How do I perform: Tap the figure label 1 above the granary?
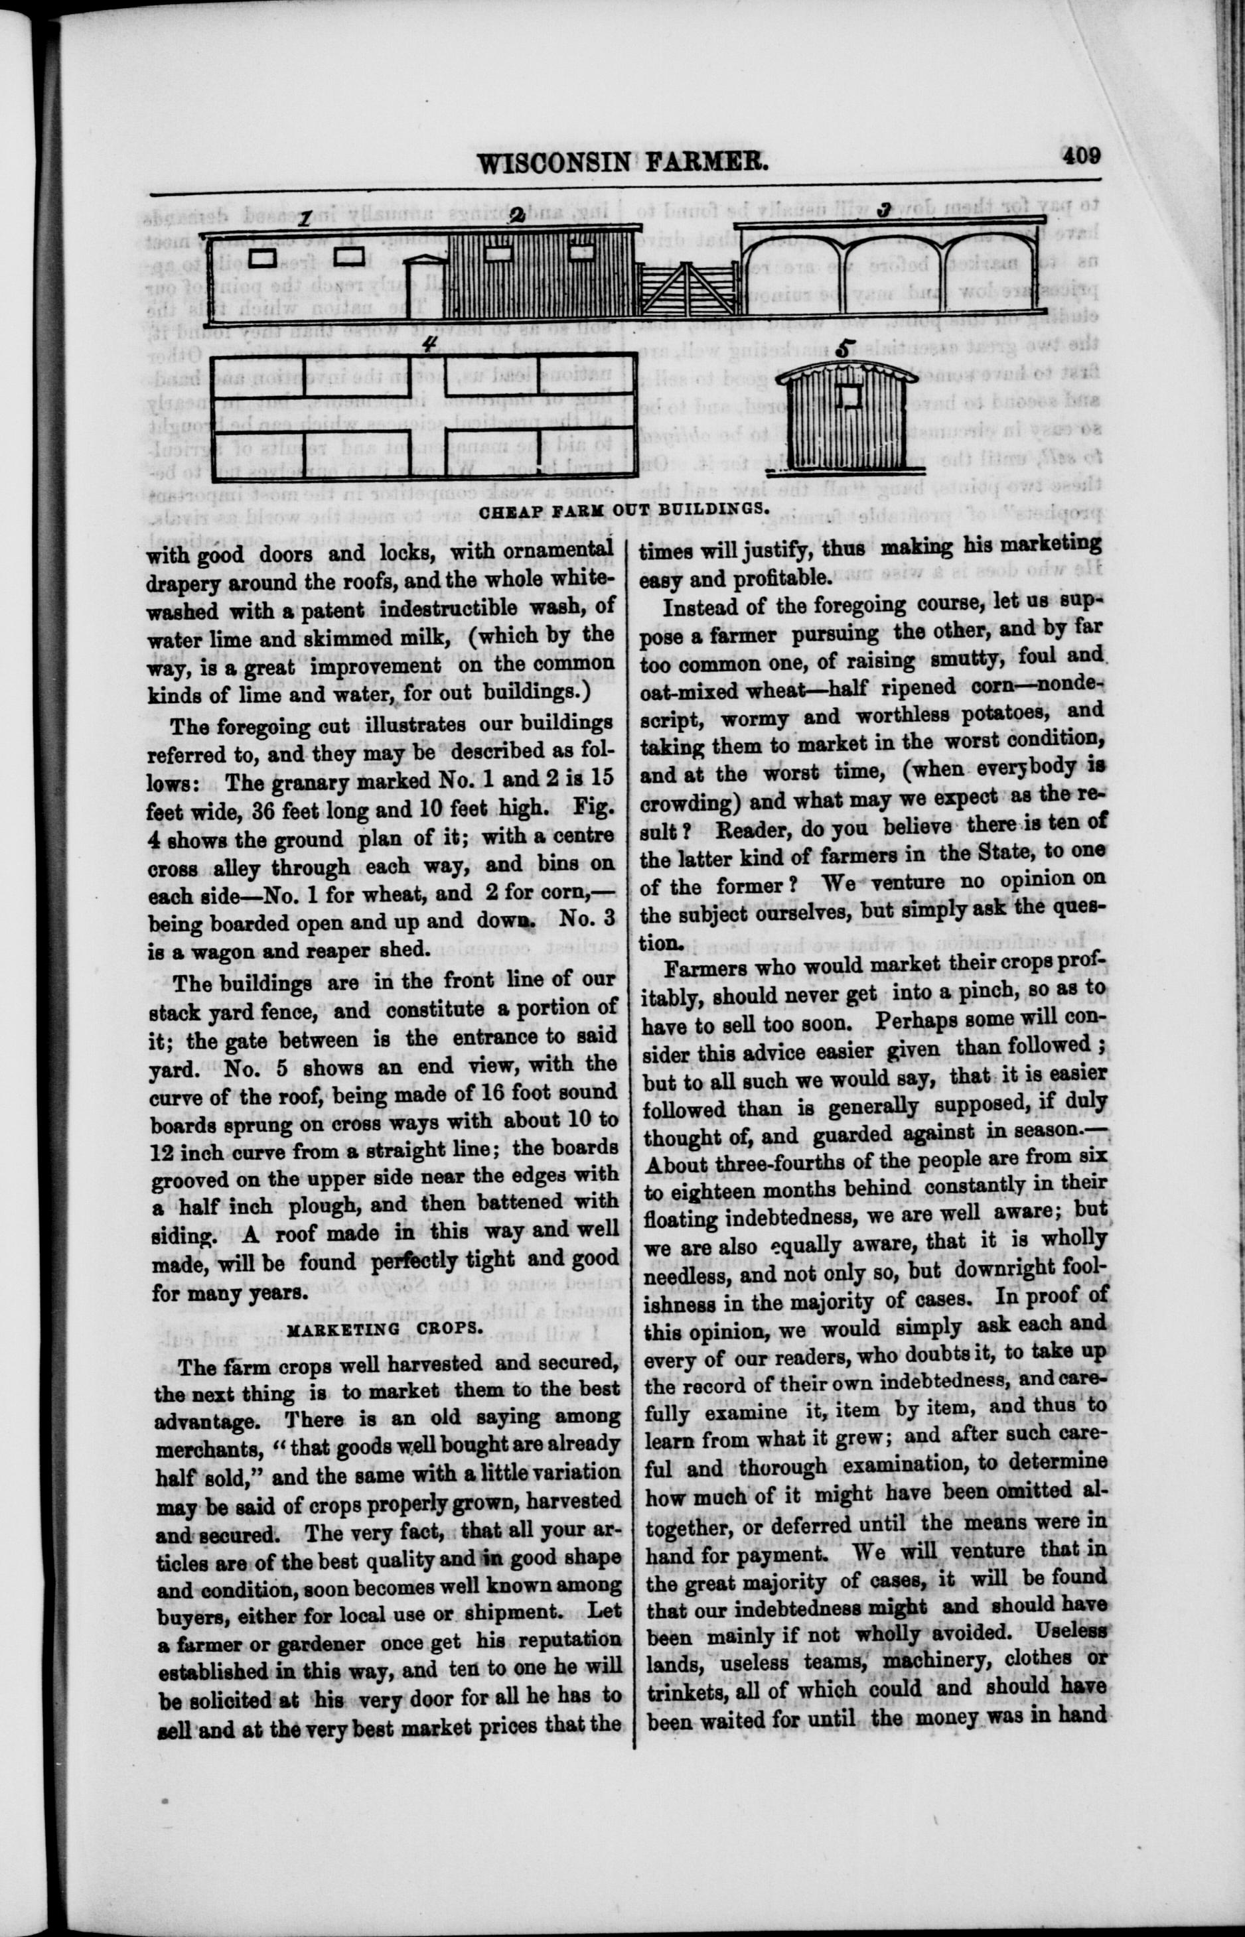point(305,219)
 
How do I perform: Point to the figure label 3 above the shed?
point(885,210)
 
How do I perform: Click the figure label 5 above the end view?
point(845,349)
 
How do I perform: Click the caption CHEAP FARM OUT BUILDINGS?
point(622,510)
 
